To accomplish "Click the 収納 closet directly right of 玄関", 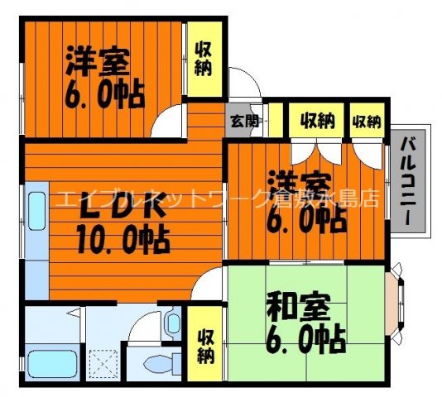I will pyautogui.click(x=316, y=122).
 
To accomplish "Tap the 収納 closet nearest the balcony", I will pyautogui.click(x=366, y=122).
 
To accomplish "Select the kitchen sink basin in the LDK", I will pyautogui.click(x=36, y=210).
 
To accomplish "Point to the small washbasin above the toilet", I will pyautogui.click(x=172, y=323).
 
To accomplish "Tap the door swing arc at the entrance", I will pyautogui.click(x=240, y=85).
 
